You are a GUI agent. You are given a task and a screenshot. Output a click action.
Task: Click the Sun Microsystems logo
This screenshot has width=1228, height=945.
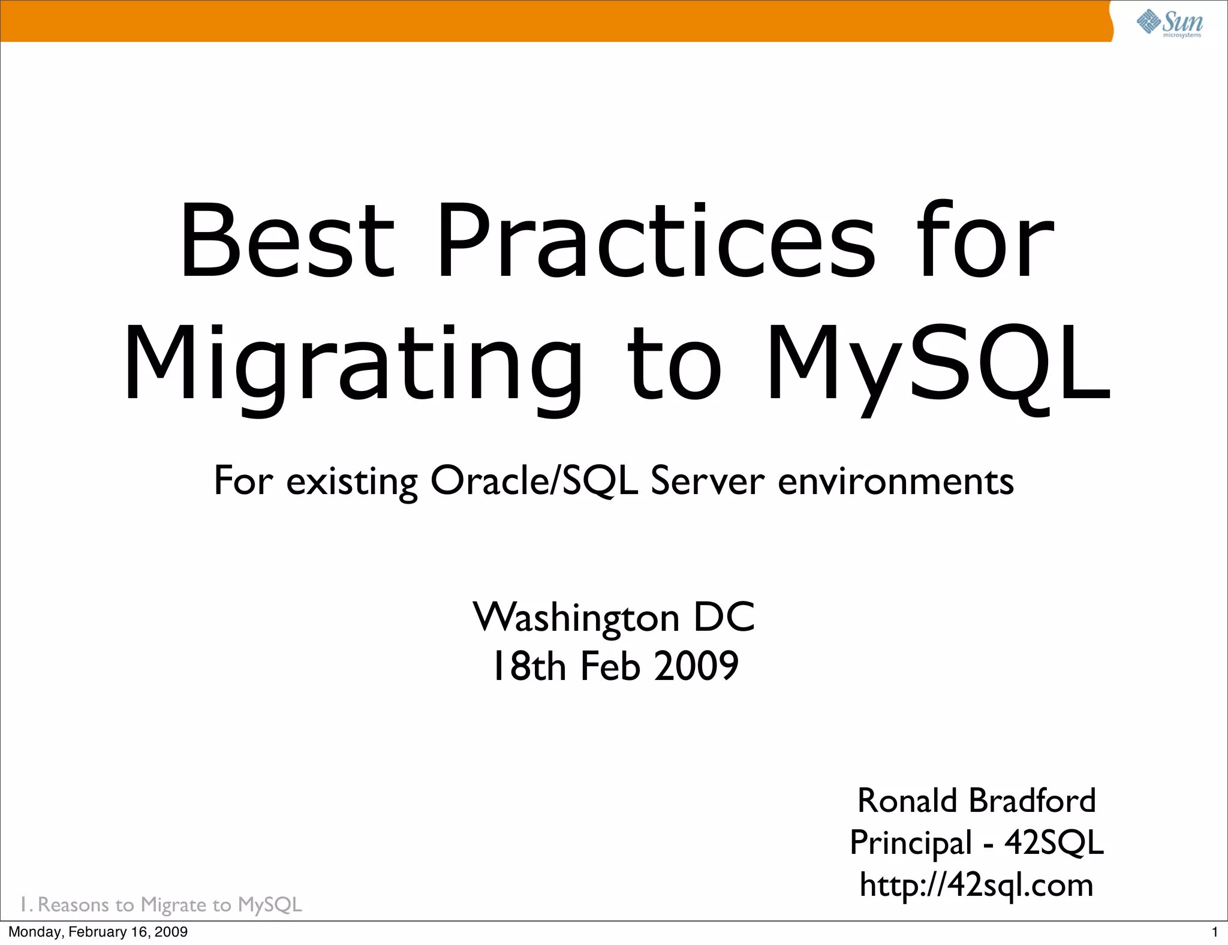pos(1169,23)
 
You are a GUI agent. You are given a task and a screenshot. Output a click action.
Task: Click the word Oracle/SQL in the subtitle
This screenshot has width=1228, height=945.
pos(534,481)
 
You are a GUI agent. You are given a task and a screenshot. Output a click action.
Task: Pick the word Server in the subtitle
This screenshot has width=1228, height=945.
pos(708,481)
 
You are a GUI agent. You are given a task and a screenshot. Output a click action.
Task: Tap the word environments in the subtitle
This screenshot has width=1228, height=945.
pos(896,481)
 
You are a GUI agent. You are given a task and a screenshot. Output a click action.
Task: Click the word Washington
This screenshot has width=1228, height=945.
pos(576,617)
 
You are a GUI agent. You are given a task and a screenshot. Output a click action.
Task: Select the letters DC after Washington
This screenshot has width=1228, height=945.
pos(724,617)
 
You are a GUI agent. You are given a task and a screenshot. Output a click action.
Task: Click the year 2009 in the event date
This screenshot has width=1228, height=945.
pos(696,666)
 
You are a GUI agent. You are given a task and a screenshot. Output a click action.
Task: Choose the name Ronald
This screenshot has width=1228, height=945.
pos(907,800)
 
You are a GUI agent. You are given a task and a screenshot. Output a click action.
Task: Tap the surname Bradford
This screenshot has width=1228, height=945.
pos(1033,800)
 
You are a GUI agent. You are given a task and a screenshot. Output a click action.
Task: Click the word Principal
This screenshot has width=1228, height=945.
pos(911,843)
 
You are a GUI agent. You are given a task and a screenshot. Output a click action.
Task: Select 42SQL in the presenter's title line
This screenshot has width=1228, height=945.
pos(1054,842)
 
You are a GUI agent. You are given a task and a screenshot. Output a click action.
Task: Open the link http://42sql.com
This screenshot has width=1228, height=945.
pos(977,885)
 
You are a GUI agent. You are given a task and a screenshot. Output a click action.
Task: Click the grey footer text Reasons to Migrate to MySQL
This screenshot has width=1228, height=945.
pos(170,904)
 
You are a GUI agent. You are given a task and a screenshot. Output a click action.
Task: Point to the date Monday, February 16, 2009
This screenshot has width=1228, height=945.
pos(98,932)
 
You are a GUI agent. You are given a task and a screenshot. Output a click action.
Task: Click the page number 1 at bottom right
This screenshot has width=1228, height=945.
pos(1215,932)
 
